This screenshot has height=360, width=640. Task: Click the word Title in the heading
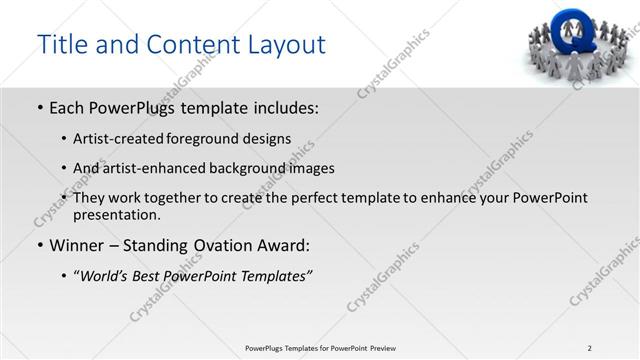(63, 45)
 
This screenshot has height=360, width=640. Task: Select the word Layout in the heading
(282, 45)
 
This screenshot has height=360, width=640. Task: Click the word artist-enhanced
(143, 168)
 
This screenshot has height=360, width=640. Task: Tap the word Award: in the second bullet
(286, 246)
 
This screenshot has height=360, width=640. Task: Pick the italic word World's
(106, 275)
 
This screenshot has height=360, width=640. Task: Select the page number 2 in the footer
(590, 347)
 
